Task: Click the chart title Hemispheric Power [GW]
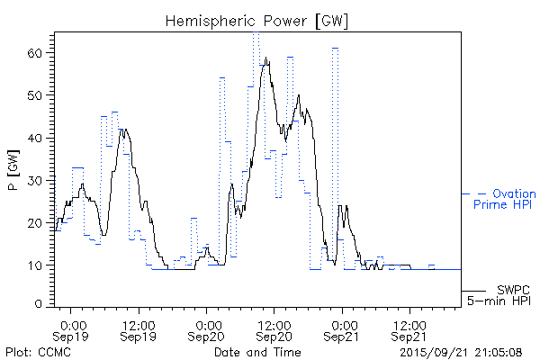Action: [x=256, y=20]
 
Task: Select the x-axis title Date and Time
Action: [x=256, y=352]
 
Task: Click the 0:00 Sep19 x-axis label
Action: [x=73, y=329]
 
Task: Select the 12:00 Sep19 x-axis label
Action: [x=139, y=329]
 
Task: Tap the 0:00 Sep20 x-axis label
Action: [x=208, y=329]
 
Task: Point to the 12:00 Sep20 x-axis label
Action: [x=274, y=329]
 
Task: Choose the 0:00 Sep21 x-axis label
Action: [x=343, y=329]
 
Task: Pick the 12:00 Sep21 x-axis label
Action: [x=409, y=329]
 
